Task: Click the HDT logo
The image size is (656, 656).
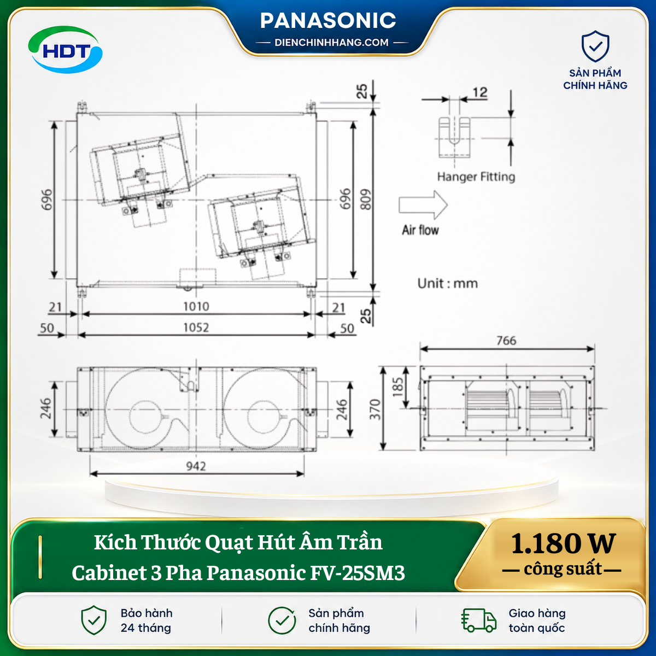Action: (66, 50)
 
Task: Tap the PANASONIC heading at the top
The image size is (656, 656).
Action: (328, 20)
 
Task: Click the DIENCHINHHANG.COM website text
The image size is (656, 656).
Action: (331, 43)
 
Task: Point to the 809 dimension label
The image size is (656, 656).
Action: (366, 200)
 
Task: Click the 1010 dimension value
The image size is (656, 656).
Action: (196, 306)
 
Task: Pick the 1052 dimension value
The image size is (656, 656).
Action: (196, 327)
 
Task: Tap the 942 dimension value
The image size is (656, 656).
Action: (196, 466)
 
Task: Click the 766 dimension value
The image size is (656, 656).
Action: (506, 341)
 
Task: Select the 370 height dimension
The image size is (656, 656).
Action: (375, 409)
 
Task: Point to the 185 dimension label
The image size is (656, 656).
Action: (397, 387)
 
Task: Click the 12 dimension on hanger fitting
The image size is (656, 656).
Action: (480, 92)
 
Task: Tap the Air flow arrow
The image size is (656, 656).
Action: (423, 205)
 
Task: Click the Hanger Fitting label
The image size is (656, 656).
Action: (476, 177)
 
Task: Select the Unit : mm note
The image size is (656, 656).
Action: (448, 283)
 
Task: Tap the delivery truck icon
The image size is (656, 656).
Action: (478, 620)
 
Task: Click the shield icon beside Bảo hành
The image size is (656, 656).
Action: (94, 620)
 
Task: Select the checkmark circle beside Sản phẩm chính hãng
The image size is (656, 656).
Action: (282, 620)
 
